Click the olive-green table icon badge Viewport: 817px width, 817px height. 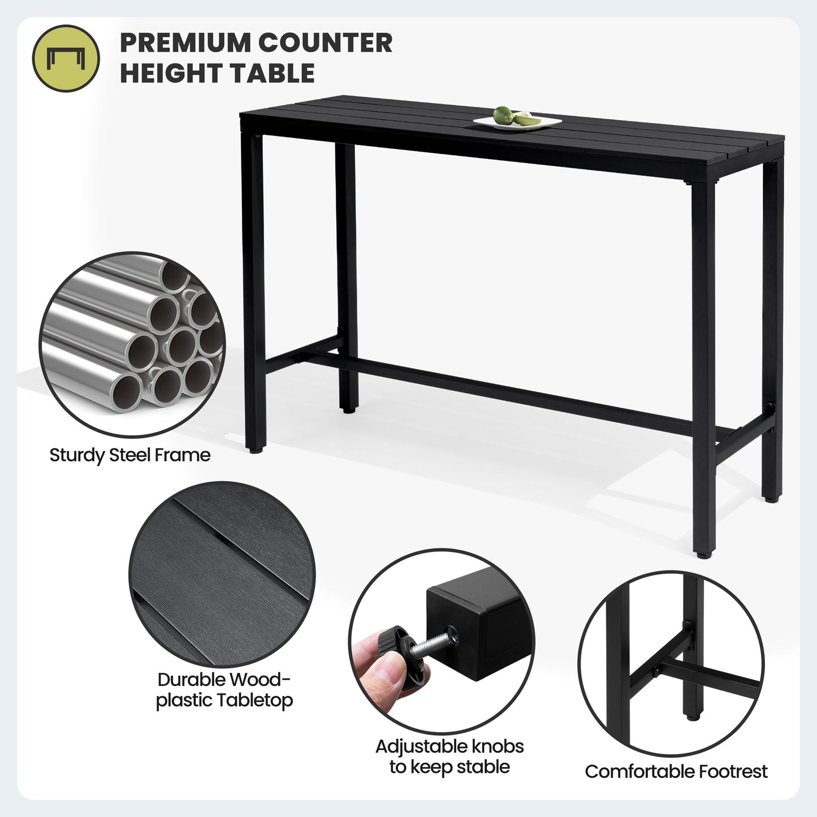click(66, 58)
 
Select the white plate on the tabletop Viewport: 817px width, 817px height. click(517, 123)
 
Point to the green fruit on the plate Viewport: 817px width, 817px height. click(503, 115)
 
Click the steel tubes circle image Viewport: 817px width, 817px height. click(132, 344)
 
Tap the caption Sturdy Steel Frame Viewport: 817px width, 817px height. click(130, 455)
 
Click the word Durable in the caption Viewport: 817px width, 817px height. click(191, 680)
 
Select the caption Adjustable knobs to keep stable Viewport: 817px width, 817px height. click(449, 757)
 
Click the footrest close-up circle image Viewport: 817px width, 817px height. click(671, 662)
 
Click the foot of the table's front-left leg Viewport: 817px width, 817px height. click(256, 449)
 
